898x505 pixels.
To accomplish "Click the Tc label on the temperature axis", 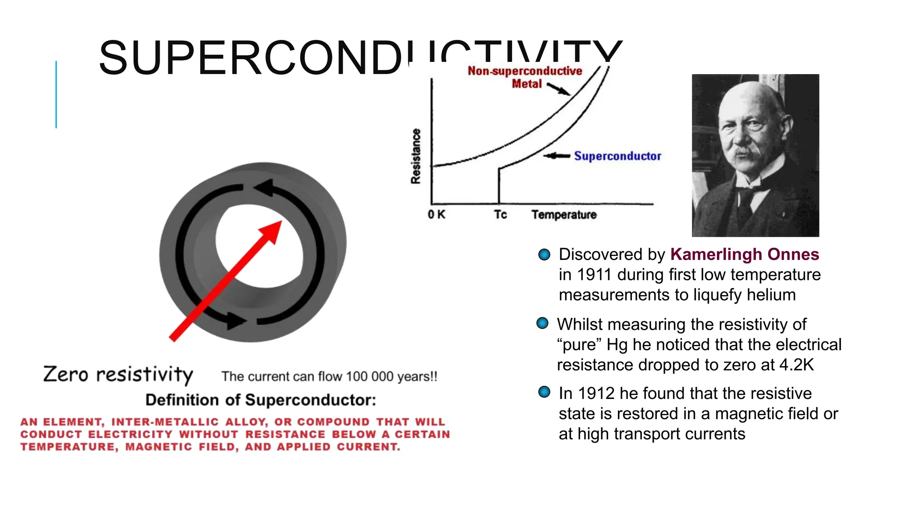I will click(x=500, y=214).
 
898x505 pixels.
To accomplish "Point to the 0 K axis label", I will click(x=436, y=214).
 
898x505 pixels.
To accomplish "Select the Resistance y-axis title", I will click(x=416, y=156).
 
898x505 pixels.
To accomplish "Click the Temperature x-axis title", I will click(x=564, y=214).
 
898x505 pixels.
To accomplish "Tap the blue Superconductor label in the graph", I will click(x=617, y=156).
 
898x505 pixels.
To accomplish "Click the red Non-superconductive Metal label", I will click(x=525, y=77).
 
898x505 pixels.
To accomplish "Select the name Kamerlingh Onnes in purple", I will click(x=745, y=254).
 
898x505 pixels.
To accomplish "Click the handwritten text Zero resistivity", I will click(x=118, y=374).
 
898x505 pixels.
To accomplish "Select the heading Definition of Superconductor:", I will click(x=260, y=400).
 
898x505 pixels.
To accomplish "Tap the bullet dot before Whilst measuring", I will click(x=542, y=324).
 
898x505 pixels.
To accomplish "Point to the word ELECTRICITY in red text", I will click(x=130, y=434).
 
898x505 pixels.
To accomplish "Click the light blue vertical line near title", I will click(x=56, y=94).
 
